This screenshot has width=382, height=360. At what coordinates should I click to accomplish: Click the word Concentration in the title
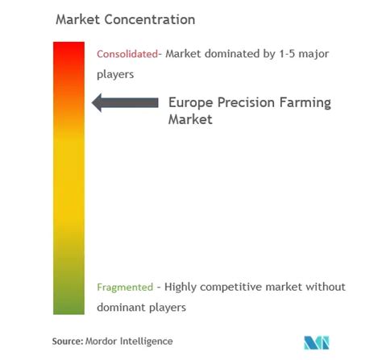click(150, 19)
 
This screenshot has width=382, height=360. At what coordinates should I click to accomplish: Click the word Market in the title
click(78, 19)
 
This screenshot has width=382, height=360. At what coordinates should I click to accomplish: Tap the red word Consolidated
click(127, 54)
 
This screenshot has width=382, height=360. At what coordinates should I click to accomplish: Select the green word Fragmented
click(125, 288)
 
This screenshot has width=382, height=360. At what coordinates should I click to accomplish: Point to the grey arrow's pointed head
click(92, 102)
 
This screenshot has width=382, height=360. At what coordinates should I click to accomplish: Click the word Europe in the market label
click(191, 103)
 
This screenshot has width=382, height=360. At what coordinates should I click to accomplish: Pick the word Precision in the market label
click(246, 102)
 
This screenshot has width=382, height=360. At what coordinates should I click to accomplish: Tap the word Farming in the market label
click(305, 103)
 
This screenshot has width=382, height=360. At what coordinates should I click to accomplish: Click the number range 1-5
click(287, 54)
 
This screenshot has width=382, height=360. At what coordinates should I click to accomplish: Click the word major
click(313, 54)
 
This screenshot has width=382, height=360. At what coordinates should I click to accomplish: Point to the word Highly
click(181, 288)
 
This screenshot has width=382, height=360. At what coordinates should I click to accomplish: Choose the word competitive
click(230, 288)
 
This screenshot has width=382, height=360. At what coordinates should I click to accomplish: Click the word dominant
click(121, 307)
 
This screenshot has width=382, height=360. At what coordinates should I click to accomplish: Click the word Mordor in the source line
click(101, 341)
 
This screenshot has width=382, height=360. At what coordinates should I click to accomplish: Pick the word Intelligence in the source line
click(147, 341)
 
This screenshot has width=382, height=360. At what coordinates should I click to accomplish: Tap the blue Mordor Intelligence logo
click(317, 342)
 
